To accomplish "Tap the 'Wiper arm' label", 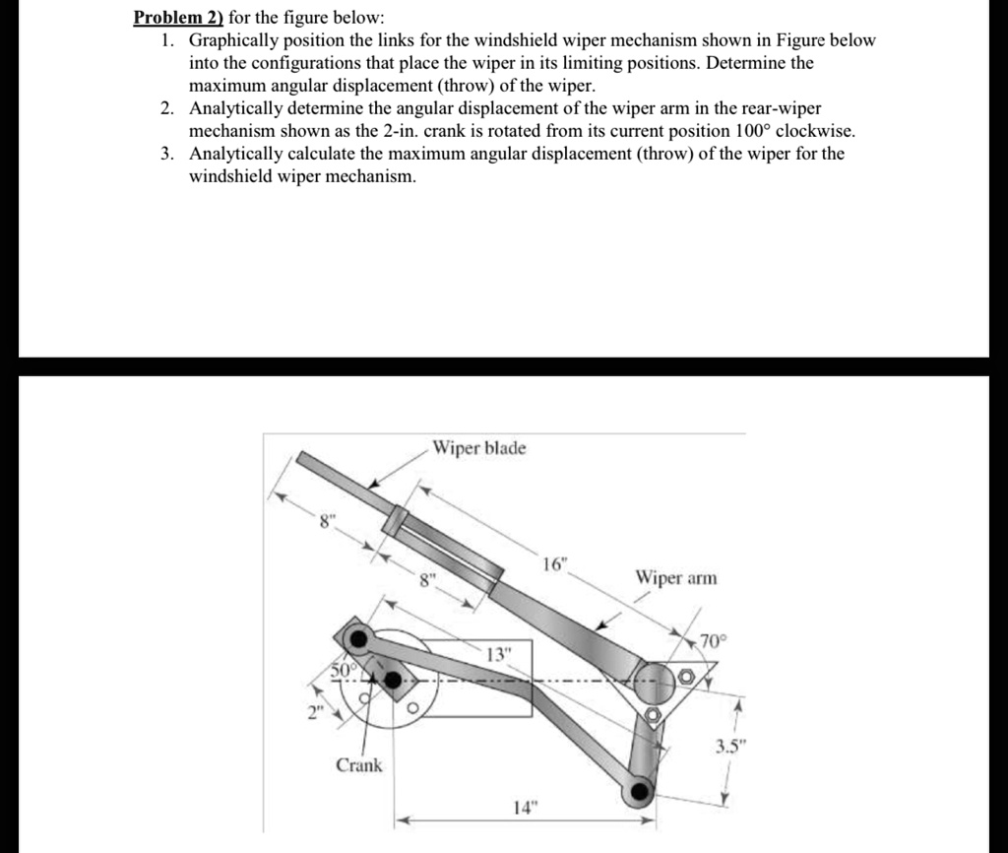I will coord(676,577).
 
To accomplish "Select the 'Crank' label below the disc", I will coord(359,765).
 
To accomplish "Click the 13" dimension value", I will coord(500,655).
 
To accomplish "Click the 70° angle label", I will coord(709,642).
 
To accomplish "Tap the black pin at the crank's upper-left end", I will coord(358,639).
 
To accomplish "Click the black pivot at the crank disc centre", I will coord(393,681).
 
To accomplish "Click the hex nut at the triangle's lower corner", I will coord(651,713).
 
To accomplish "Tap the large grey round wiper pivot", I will coord(651,679).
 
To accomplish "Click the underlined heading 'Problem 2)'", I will coord(177,18).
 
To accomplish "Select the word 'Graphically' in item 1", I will coord(234,40).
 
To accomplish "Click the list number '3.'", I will coord(169,154).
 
